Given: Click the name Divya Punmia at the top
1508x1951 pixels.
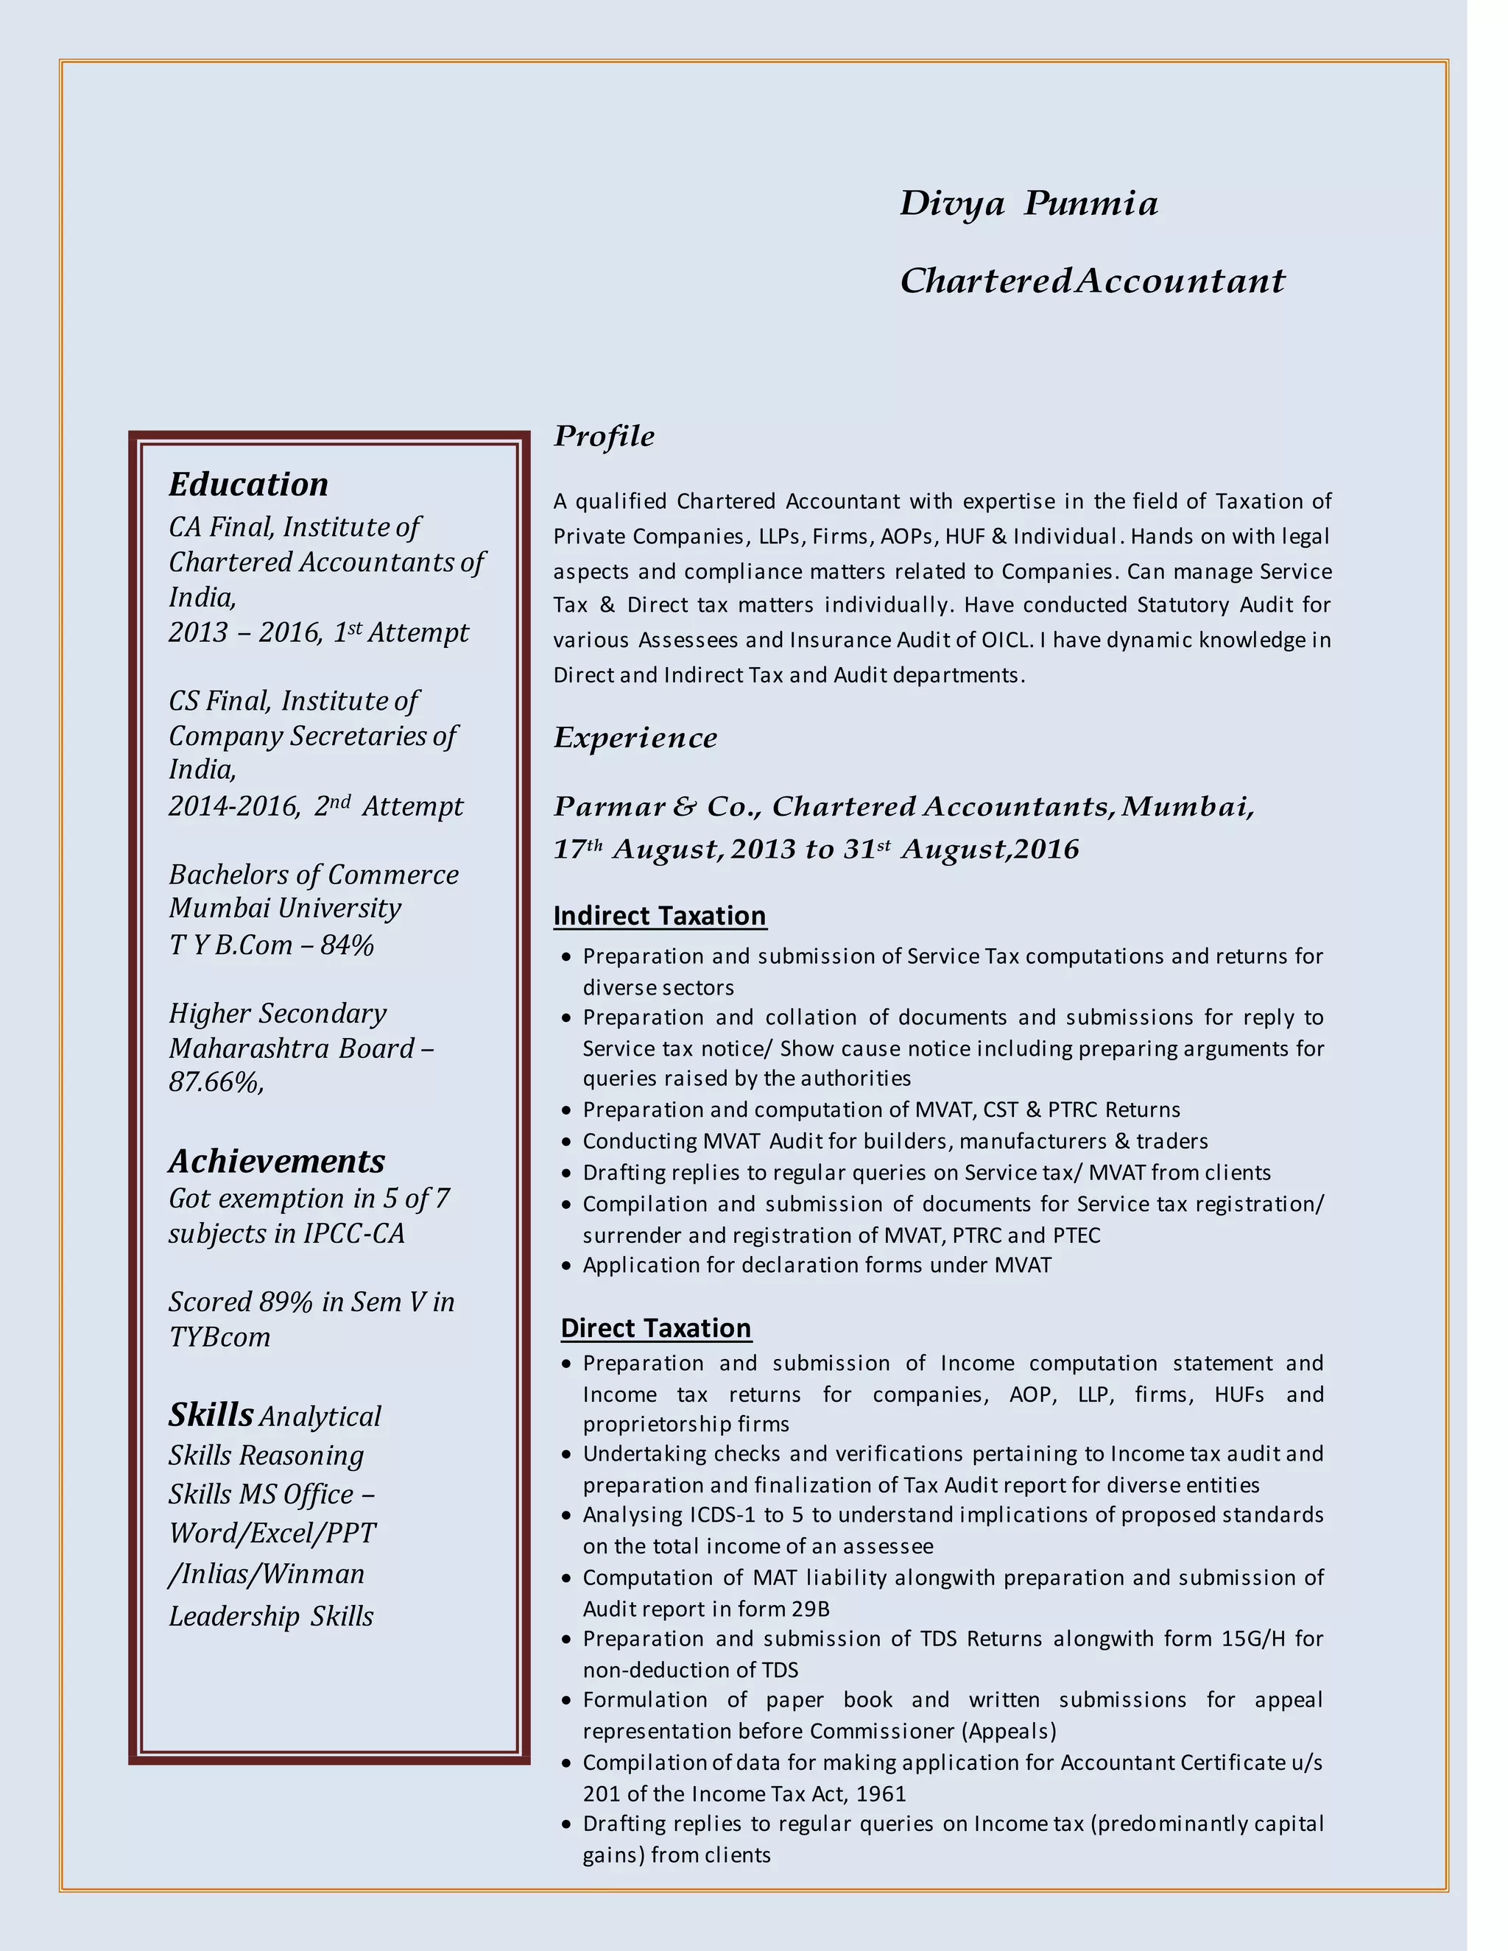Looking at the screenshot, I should click(1028, 204).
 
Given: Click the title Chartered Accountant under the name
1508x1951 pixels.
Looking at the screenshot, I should click(1092, 281).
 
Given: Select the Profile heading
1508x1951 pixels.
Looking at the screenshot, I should click(604, 436).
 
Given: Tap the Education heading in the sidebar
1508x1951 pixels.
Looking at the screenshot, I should click(248, 484).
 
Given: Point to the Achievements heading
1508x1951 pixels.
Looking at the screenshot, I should click(277, 1160).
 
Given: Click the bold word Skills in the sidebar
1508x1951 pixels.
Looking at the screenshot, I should click(211, 1414).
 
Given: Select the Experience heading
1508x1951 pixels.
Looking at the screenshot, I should click(635, 738).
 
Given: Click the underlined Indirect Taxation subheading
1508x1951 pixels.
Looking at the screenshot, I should click(659, 916).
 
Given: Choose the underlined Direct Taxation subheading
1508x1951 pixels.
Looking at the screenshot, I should click(656, 1327).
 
